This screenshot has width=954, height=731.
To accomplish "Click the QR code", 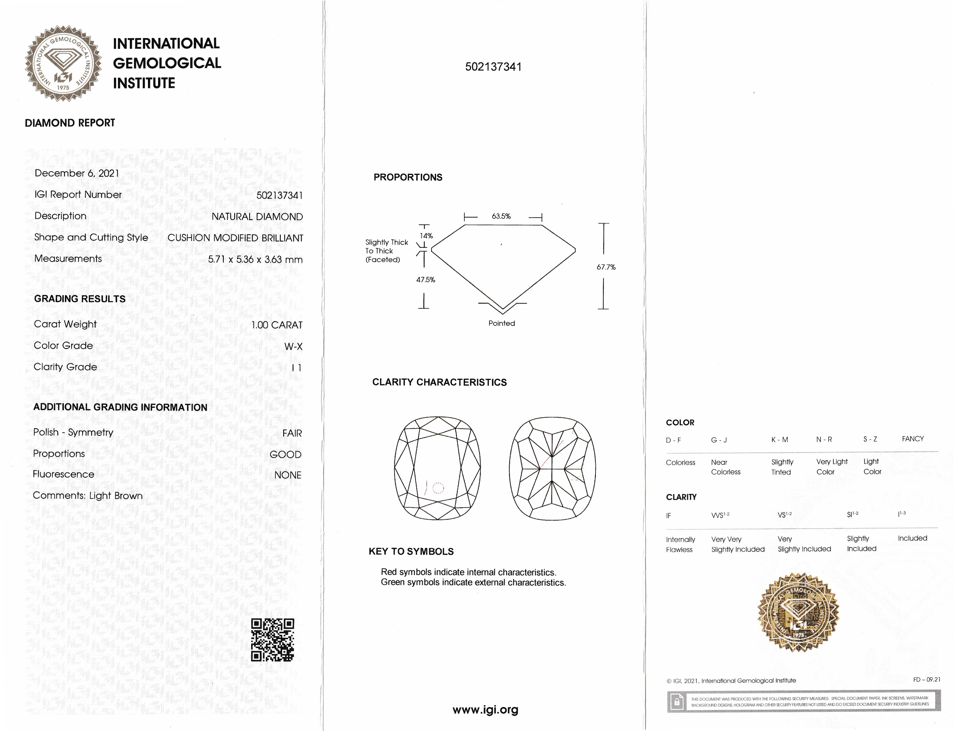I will [273, 640].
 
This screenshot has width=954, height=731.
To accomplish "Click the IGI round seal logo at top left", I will [63, 63].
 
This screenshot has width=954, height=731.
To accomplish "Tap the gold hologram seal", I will [798, 613].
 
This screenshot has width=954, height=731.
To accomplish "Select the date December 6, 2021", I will [77, 173].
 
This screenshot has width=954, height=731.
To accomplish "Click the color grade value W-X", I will [293, 346].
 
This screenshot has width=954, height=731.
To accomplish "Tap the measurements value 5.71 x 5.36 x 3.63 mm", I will [255, 259].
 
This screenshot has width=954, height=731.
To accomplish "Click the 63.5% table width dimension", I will [501, 216].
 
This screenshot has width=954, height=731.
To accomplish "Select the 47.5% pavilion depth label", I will [425, 280].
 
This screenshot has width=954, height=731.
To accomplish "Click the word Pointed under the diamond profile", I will [502, 323].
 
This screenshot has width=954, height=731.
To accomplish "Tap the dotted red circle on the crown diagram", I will [438, 488].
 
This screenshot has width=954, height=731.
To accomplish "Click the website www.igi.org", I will [485, 710].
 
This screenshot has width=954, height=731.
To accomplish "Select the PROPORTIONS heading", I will [408, 177].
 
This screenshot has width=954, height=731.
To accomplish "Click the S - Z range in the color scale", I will [870, 439].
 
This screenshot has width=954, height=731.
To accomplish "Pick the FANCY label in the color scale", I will [913, 439].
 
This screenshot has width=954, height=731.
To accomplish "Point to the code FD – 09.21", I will [927, 679].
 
